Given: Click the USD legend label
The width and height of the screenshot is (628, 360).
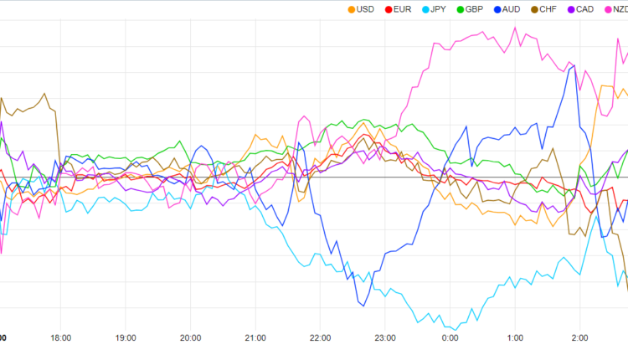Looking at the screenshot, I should (x=365, y=9).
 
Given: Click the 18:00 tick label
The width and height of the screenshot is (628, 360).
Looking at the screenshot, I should (x=60, y=338).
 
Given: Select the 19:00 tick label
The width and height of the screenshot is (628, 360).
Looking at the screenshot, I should (x=126, y=338).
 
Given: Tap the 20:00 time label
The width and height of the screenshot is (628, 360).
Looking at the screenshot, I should (x=190, y=338).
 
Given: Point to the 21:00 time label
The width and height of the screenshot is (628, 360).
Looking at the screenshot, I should (x=255, y=338).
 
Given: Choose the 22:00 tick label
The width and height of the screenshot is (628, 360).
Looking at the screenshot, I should (x=320, y=338).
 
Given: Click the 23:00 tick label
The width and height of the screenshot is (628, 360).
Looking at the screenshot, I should (x=385, y=338).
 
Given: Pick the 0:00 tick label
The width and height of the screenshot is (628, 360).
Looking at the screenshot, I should (x=450, y=338).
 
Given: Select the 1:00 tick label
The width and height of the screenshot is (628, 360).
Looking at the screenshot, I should (x=515, y=338).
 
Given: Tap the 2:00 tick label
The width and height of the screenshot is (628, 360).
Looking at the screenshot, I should (x=580, y=338).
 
